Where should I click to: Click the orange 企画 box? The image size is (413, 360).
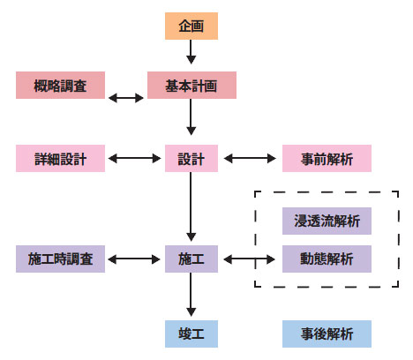click(191, 26)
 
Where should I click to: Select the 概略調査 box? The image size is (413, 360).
click(60, 86)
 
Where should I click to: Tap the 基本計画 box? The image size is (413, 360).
click(191, 86)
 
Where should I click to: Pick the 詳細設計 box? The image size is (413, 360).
click(60, 158)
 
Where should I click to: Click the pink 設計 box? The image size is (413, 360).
click(191, 158)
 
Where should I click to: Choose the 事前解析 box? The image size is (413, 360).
click(327, 158)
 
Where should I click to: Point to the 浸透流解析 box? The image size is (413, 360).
click(327, 221)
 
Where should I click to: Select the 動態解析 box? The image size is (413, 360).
click(327, 259)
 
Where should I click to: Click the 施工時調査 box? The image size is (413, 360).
click(60, 259)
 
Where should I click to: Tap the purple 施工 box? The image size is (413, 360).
click(191, 259)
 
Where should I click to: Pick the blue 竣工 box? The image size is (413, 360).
click(191, 334)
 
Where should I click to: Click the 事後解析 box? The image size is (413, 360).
click(327, 334)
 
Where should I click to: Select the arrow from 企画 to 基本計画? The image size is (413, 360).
click(191, 52)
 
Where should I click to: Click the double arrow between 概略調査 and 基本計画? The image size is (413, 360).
click(126, 98)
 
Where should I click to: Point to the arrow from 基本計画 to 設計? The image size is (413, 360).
click(191, 117)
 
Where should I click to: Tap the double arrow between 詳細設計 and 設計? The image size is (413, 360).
click(134, 159)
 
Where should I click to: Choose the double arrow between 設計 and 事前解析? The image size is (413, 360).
click(250, 159)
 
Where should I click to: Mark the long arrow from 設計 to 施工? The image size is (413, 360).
click(191, 206)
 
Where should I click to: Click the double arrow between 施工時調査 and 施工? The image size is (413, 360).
click(134, 259)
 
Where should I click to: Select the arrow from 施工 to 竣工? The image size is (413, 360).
click(191, 295)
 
